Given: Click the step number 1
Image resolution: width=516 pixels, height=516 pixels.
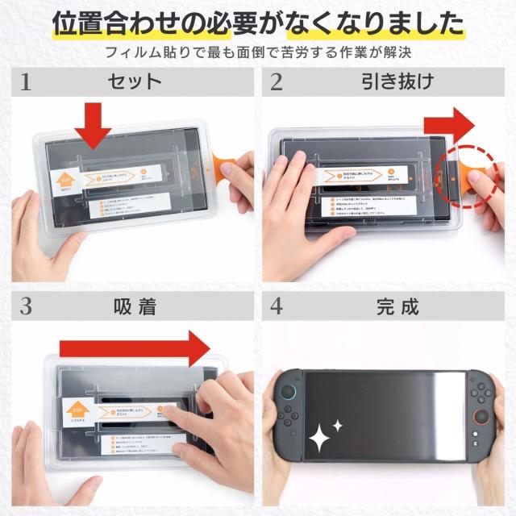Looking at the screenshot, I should click(x=26, y=82).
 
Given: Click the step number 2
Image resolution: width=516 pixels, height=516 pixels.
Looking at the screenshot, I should click(x=277, y=82).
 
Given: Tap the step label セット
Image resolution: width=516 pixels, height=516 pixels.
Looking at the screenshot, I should click(x=135, y=81).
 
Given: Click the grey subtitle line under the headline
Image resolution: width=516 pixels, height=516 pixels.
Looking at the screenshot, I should click(x=258, y=53).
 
